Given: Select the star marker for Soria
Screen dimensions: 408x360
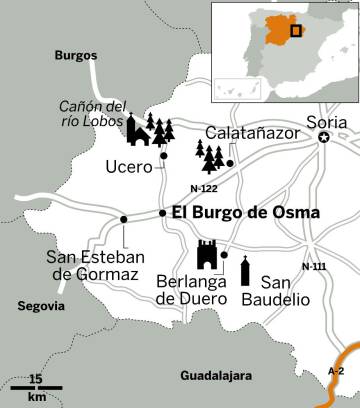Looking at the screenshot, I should (323, 139).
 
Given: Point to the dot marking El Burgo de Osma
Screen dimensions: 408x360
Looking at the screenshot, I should (162, 212).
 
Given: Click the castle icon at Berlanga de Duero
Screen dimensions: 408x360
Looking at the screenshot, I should (208, 256).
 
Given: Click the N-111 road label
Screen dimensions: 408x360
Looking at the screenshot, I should (313, 267).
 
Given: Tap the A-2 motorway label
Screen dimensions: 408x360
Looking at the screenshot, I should (337, 370).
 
